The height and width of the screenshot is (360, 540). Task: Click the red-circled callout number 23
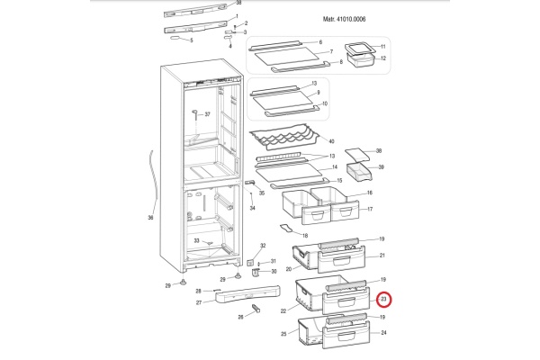[x=384, y=300]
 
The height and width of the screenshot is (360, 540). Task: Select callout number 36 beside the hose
[x=151, y=217]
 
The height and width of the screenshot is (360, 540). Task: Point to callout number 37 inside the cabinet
[x=206, y=115]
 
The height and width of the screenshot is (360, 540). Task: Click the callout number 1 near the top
[x=236, y=16]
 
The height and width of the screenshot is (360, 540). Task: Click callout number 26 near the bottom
[x=241, y=317]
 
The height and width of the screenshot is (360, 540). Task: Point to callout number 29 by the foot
[x=166, y=285]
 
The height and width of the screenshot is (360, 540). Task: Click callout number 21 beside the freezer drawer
[x=382, y=256]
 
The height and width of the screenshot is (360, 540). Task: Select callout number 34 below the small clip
[x=253, y=209]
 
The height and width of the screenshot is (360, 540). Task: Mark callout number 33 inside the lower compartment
[x=197, y=240]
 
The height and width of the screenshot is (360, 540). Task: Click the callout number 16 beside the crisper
[x=370, y=193]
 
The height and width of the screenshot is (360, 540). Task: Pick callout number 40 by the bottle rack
[x=332, y=142]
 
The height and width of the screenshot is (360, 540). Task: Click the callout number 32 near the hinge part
[x=263, y=246]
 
